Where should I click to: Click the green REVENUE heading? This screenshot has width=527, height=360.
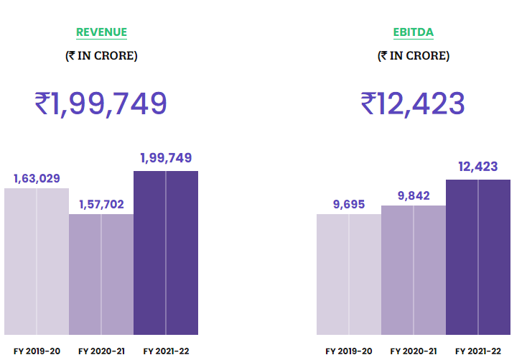(x=101, y=32)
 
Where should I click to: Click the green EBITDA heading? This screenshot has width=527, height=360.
(x=413, y=32)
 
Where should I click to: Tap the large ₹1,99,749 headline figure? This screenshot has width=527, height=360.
(x=101, y=103)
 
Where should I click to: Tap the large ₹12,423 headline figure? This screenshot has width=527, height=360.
(x=413, y=103)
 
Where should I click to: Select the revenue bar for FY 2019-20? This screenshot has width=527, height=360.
(x=37, y=262)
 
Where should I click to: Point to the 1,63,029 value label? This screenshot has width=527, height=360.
(x=37, y=178)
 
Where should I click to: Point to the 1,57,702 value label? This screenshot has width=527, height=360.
(x=101, y=205)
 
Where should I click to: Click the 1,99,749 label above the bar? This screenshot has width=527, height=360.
(x=166, y=158)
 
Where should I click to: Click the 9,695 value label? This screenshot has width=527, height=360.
(x=349, y=204)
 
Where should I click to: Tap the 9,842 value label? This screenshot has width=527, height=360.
(x=414, y=195)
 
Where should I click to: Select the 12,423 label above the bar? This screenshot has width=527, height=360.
(x=478, y=167)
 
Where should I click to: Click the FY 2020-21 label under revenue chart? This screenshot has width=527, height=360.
(x=101, y=351)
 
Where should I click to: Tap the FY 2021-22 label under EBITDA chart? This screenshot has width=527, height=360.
(x=478, y=351)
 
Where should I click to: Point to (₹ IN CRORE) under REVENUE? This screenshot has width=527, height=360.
(x=101, y=55)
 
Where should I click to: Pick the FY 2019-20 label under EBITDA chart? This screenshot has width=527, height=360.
(x=349, y=351)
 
